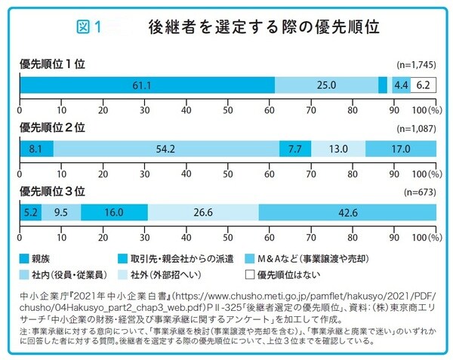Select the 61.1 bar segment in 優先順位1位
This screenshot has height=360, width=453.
[x=147, y=85]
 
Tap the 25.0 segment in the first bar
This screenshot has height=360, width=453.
[x=325, y=85]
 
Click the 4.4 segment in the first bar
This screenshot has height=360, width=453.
[x=401, y=85]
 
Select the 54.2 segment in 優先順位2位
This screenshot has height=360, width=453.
[x=166, y=149]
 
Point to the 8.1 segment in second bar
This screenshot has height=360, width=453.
[x=36, y=149]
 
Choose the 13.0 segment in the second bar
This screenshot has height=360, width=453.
[x=338, y=149]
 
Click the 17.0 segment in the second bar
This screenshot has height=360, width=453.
[x=399, y=149]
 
